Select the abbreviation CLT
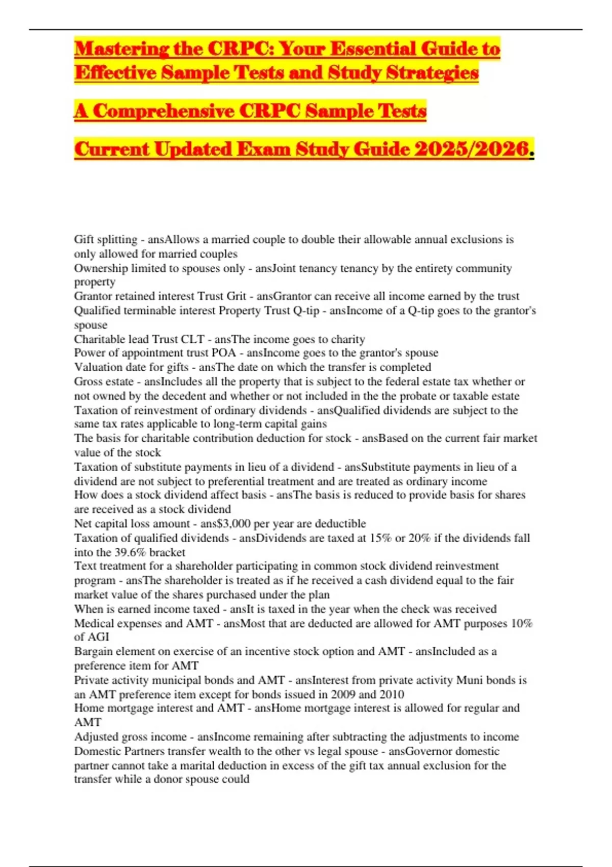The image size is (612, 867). [x=192, y=340]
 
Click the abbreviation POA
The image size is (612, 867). [x=223, y=353]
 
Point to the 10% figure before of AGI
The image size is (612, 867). [x=521, y=623]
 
